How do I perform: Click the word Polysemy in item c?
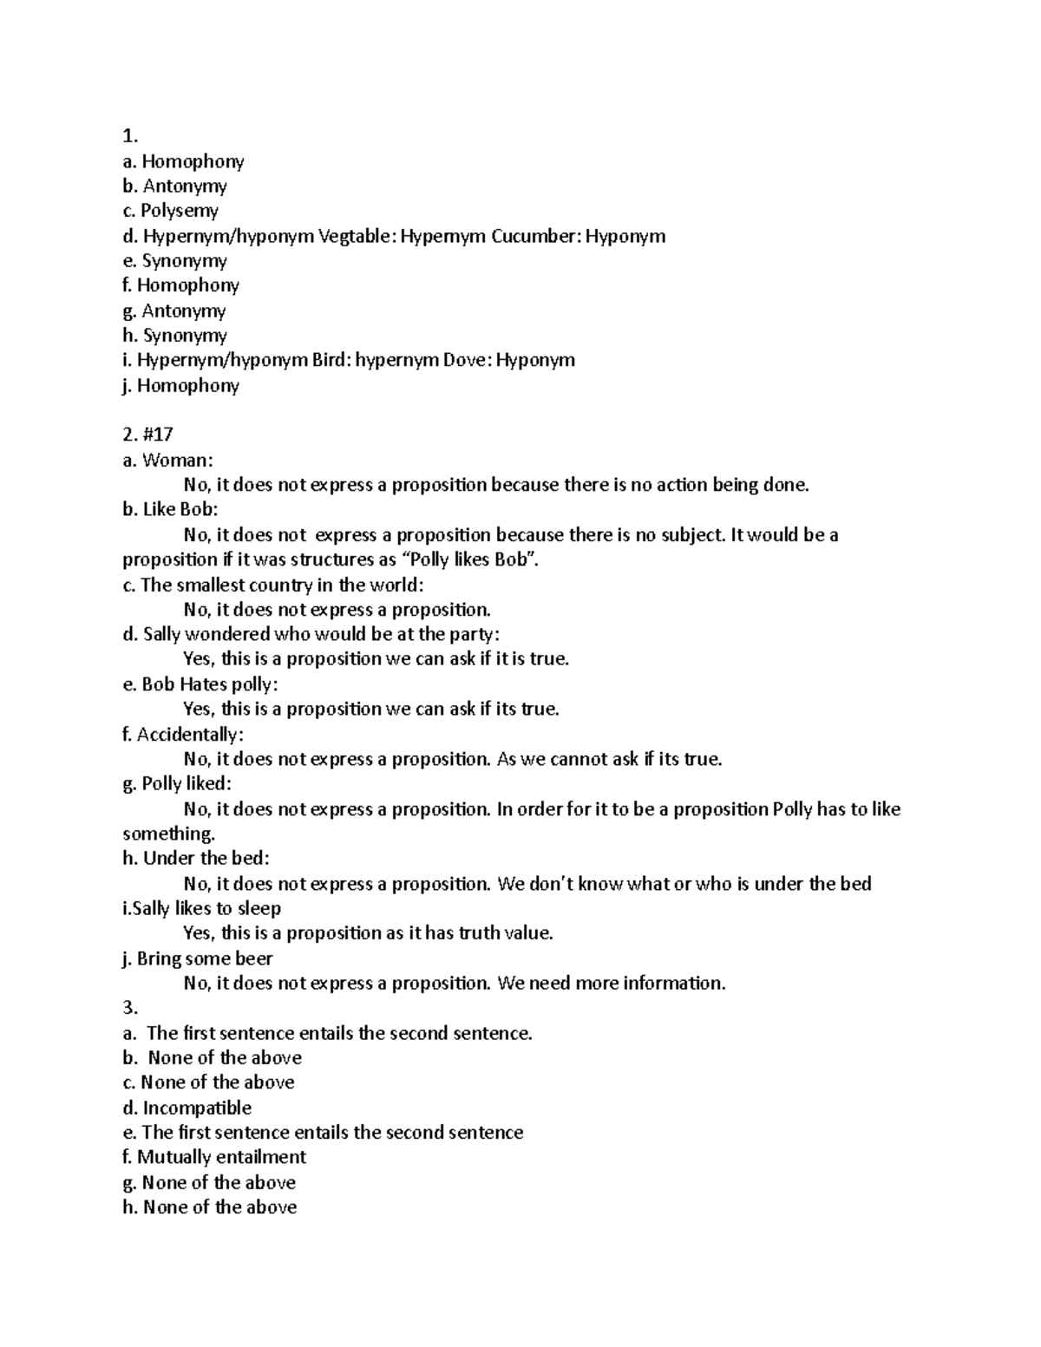tap(180, 211)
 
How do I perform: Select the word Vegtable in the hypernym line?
tap(357, 236)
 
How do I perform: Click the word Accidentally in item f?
tap(189, 735)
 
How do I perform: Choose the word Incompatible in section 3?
tap(197, 1108)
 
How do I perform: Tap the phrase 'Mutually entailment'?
tap(221, 1157)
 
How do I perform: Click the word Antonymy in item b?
tap(185, 186)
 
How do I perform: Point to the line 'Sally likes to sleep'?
tap(207, 908)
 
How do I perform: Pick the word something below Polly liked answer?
tap(167, 834)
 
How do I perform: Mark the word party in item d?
tap(470, 635)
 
